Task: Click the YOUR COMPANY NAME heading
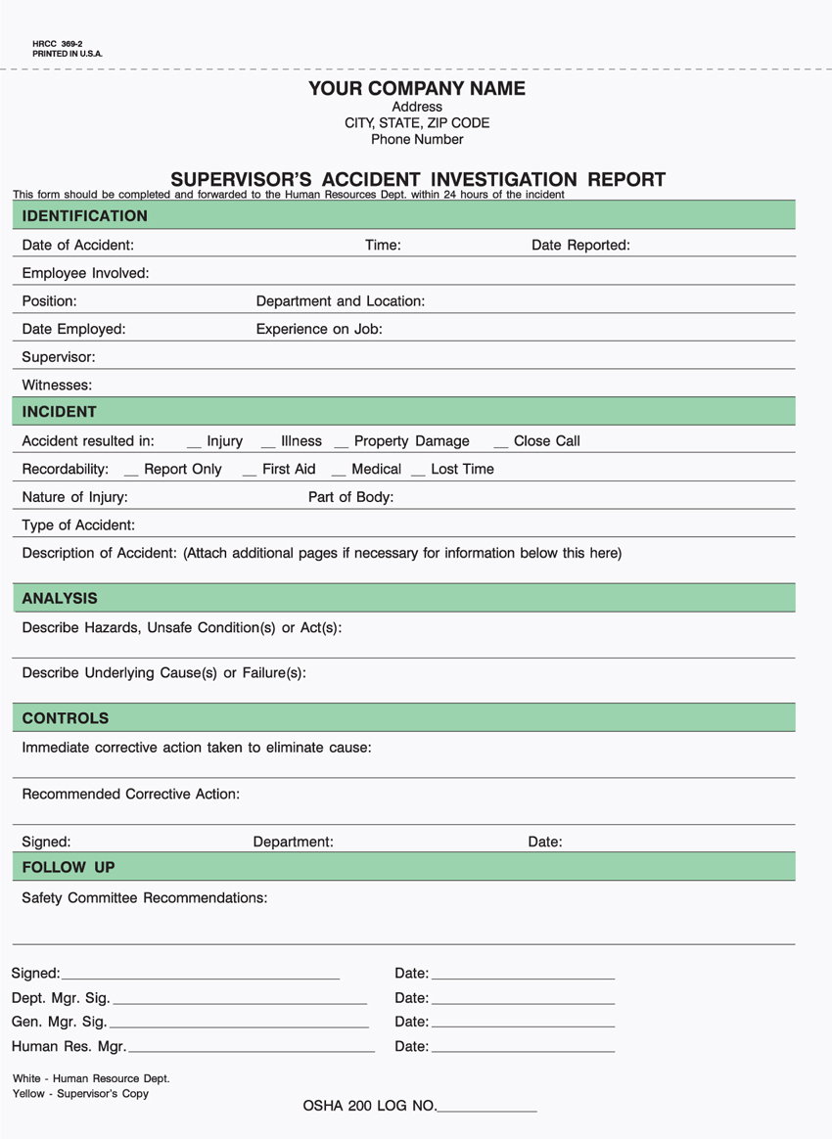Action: tap(417, 89)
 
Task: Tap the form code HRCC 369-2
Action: tap(58, 44)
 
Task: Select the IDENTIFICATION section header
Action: tap(85, 216)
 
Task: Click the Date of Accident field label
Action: tap(78, 246)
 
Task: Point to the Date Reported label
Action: tap(580, 246)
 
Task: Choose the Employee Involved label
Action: tap(85, 273)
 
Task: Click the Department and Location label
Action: tap(340, 301)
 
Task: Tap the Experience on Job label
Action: tap(319, 330)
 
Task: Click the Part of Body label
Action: tap(350, 497)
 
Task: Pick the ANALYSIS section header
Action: tap(60, 598)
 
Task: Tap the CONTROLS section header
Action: tap(66, 718)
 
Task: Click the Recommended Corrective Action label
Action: tap(130, 795)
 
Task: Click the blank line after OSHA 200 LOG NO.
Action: tap(486, 1110)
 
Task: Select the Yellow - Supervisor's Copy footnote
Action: tap(80, 1094)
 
